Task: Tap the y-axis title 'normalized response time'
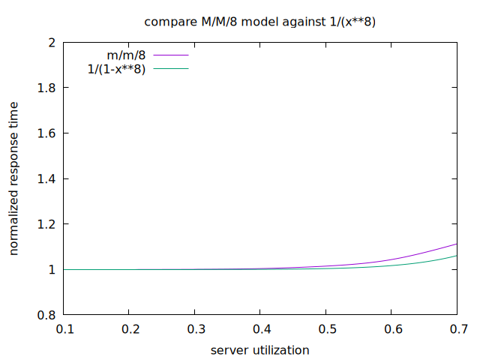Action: click(14, 178)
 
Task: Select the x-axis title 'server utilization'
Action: click(259, 349)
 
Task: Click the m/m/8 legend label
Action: click(126, 55)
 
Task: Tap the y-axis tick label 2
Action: click(52, 43)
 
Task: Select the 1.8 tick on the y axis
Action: click(46, 88)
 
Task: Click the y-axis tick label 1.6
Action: click(46, 133)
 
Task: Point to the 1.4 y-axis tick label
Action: click(46, 178)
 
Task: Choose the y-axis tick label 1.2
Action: click(46, 224)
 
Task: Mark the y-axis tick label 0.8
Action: click(46, 315)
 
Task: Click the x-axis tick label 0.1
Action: click(64, 329)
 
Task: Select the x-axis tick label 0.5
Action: click(326, 329)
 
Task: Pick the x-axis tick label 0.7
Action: click(457, 329)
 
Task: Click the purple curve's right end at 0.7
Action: click(456, 244)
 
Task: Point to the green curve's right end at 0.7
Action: click(456, 256)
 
